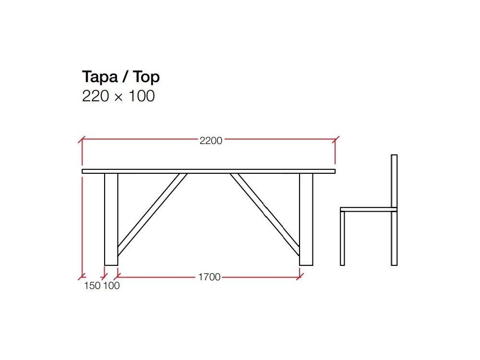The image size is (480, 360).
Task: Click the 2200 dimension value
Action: pyautogui.click(x=211, y=141)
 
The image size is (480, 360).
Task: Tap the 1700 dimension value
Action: pyautogui.click(x=209, y=277)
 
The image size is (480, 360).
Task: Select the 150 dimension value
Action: pyautogui.click(x=92, y=286)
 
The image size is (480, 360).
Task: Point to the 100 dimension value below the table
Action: pyautogui.click(x=111, y=286)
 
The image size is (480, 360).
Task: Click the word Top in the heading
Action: pyautogui.click(x=146, y=77)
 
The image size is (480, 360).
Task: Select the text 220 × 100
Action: pyautogui.click(x=119, y=96)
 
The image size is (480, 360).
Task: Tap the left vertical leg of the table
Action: pyautogui.click(x=111, y=219)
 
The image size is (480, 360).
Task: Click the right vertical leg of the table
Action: pyautogui.click(x=306, y=219)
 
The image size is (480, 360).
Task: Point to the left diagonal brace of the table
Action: pyautogui.click(x=151, y=213)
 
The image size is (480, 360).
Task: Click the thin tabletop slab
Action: pyautogui.click(x=208, y=171)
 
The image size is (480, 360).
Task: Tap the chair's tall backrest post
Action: pyautogui.click(x=394, y=182)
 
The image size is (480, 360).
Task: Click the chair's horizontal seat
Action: pyautogui.click(x=367, y=209)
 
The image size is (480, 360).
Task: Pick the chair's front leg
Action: pyautogui.click(x=342, y=238)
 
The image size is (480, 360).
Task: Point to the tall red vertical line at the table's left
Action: pyautogui.click(x=82, y=226)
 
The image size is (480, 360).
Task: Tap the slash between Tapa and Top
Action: pyautogui.click(x=126, y=77)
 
